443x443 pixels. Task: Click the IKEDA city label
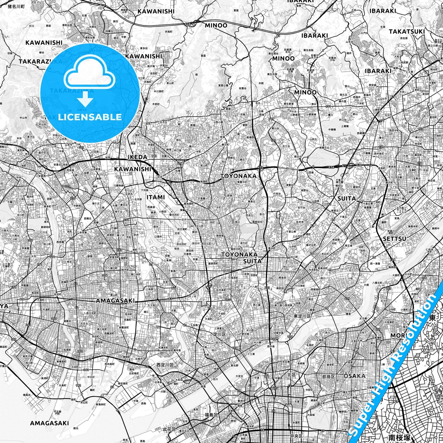[137, 157]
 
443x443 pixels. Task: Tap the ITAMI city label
[155, 197]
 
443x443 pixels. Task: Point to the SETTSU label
[395, 239]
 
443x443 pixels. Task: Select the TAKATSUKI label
[407, 32]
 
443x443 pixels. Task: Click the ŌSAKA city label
[355, 376]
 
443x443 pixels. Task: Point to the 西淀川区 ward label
[165, 365]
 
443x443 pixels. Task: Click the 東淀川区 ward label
[302, 316]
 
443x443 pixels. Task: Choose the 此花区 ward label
[169, 429]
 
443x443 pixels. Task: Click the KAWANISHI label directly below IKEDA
[132, 169]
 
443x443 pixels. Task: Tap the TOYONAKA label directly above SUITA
[239, 254]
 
